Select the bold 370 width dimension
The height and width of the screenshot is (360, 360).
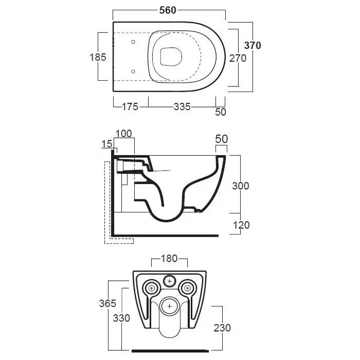point(252,45)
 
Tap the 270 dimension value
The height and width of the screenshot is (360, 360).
point(237,58)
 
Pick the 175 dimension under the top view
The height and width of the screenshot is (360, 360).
point(130,106)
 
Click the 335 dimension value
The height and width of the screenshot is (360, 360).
point(182,106)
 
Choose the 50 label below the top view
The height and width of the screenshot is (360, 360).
point(220,112)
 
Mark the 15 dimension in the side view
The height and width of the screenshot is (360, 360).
point(106,145)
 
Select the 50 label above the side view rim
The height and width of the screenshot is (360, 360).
point(221,138)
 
